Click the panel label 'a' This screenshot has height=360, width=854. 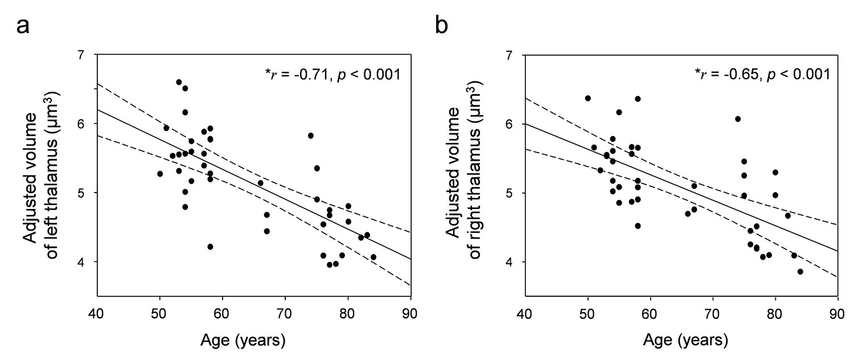(x=23, y=27)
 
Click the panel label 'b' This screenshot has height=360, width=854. (x=441, y=25)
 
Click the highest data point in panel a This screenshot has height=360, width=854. (x=179, y=82)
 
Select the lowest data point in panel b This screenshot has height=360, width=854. (x=800, y=272)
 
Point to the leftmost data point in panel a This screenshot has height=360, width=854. (x=160, y=174)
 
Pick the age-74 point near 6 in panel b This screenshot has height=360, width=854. (x=738, y=119)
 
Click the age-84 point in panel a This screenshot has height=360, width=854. (x=373, y=257)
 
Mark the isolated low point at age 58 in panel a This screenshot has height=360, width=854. (x=210, y=247)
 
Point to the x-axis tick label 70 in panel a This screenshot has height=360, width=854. (x=285, y=313)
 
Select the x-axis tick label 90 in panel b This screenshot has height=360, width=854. (x=837, y=313)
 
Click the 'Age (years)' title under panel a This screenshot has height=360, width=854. (x=243, y=340)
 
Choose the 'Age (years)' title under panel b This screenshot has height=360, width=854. (x=685, y=340)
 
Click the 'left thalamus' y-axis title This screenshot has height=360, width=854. (x=52, y=175)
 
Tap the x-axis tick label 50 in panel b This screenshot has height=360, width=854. (x=587, y=313)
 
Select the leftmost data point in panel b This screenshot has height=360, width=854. (x=588, y=99)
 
